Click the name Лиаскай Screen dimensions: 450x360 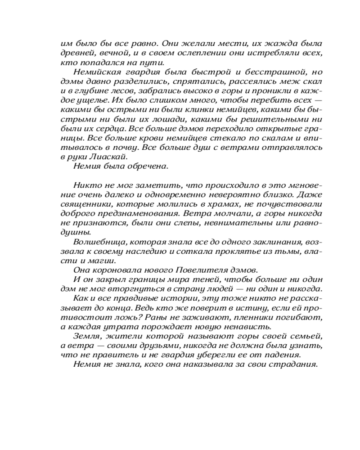point(110,157)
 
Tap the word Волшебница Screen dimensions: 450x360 point(95,243)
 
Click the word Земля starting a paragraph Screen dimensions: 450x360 point(86,336)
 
